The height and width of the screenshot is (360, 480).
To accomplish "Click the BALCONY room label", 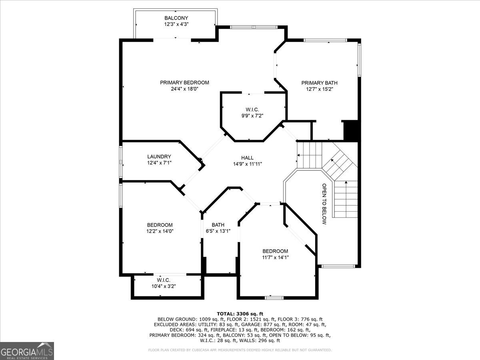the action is click(176, 18).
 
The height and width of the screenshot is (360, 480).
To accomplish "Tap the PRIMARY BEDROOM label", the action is click(184, 83).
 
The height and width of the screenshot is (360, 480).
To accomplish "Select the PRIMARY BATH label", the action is click(319, 83).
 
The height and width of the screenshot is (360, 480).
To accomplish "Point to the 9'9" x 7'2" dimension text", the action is click(252, 116).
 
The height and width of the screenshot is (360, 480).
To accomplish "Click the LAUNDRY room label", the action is click(159, 156).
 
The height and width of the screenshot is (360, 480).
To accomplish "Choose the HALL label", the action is click(247, 158).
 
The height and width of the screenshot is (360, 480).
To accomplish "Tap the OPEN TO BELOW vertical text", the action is click(324, 204).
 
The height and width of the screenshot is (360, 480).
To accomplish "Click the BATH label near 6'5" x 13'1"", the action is click(218, 225).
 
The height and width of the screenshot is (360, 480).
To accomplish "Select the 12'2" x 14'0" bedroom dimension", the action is click(160, 231).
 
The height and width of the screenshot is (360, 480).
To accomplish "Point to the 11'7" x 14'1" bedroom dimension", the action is click(275, 257).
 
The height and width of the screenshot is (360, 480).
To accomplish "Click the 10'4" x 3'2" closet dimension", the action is click(164, 286).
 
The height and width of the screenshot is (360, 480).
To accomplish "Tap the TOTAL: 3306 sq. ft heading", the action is click(240, 314).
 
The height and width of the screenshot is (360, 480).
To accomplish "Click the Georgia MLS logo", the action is click(27, 351).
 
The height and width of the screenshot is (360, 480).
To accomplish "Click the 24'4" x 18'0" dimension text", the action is click(184, 89).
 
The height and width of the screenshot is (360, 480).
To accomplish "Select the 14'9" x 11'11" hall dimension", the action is click(248, 164).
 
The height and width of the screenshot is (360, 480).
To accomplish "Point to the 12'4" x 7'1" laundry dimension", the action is click(159, 163).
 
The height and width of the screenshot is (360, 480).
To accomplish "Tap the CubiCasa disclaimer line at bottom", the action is click(240, 350).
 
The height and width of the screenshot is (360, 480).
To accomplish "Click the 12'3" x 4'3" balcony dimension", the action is click(176, 24).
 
